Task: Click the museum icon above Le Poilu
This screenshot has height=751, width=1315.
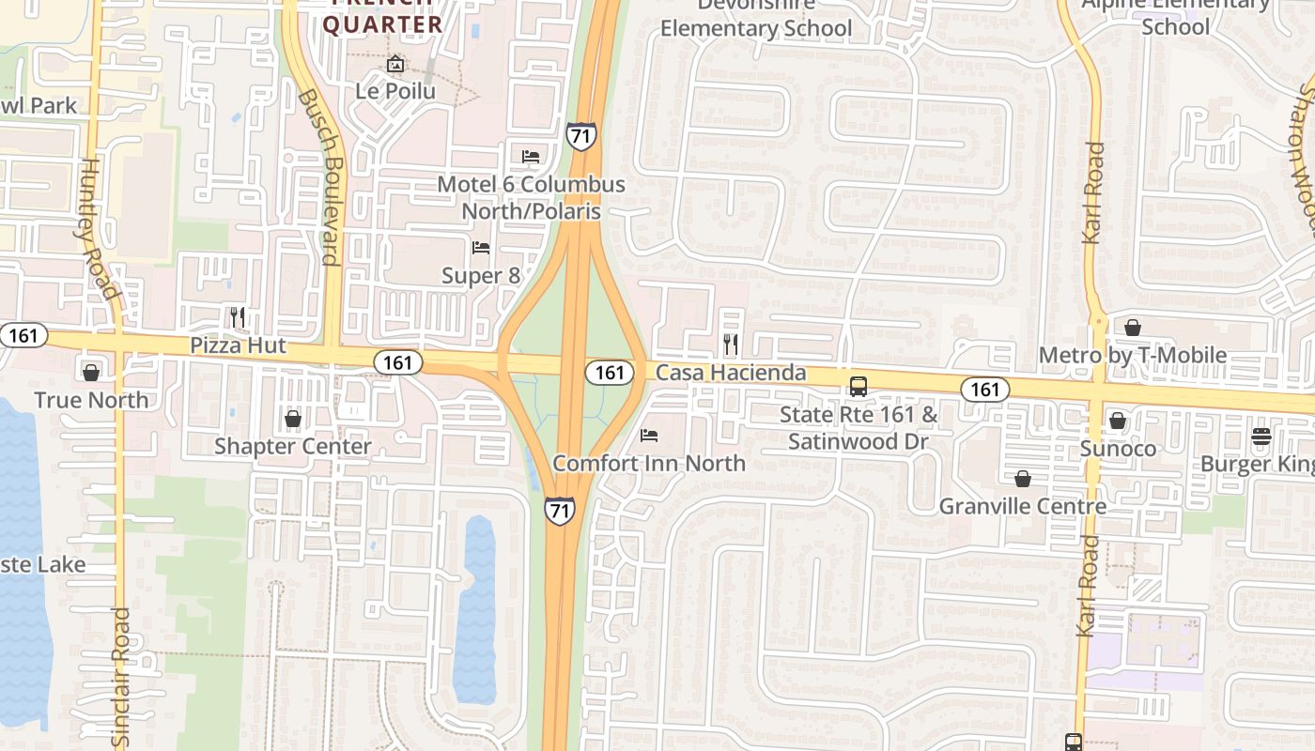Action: [395, 64]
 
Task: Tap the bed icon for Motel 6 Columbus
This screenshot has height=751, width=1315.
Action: [531, 156]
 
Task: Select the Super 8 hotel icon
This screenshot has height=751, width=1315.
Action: [481, 248]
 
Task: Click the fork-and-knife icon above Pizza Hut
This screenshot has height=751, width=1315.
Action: [238, 317]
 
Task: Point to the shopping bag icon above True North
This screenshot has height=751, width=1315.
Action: [91, 373]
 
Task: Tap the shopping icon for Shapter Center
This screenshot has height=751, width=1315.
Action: [293, 419]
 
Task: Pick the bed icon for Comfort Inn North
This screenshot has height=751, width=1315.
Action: [648, 436]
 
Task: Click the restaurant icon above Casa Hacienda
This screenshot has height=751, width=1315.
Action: [731, 345]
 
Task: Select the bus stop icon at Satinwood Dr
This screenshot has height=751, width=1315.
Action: [858, 387]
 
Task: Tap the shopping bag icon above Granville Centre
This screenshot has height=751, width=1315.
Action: [1023, 480]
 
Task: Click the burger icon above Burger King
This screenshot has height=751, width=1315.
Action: [1261, 437]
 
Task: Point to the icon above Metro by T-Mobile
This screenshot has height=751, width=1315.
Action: [1133, 328]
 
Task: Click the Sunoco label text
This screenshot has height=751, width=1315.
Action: [1118, 448]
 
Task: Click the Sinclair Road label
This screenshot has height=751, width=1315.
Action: [121, 676]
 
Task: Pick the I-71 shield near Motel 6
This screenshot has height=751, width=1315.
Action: [580, 136]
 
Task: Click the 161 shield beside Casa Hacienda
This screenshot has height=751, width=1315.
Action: [610, 373]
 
